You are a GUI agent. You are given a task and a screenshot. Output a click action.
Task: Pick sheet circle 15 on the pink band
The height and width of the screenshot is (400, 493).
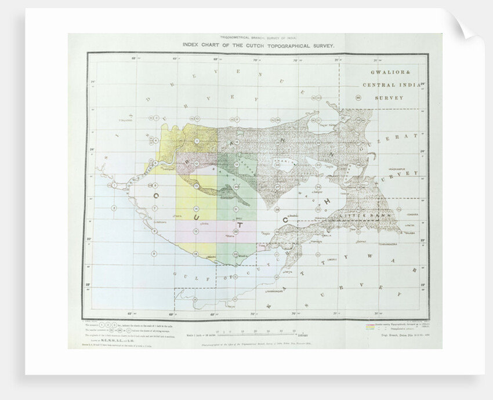(x=197, y=232)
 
